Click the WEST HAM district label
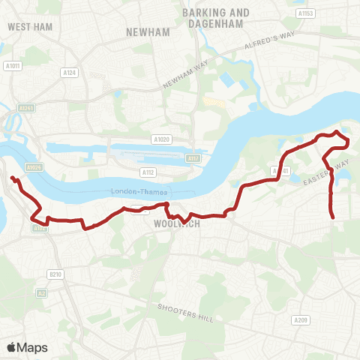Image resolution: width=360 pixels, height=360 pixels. coord(28,25)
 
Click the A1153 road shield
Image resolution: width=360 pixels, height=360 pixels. coord(305,13)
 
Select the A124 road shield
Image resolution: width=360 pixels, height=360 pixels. coord(70,72)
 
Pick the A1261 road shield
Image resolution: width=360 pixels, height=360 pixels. coord(28,108)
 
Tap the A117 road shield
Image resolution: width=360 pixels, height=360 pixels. coord(193,157)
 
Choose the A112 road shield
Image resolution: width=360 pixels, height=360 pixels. coord(149,172)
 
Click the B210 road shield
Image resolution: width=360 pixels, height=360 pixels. coord(55,274)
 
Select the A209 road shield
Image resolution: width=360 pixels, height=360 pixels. coord(301,320)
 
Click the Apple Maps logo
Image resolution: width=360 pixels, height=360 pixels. coord(27,347)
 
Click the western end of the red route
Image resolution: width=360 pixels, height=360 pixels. coord(12,178)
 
